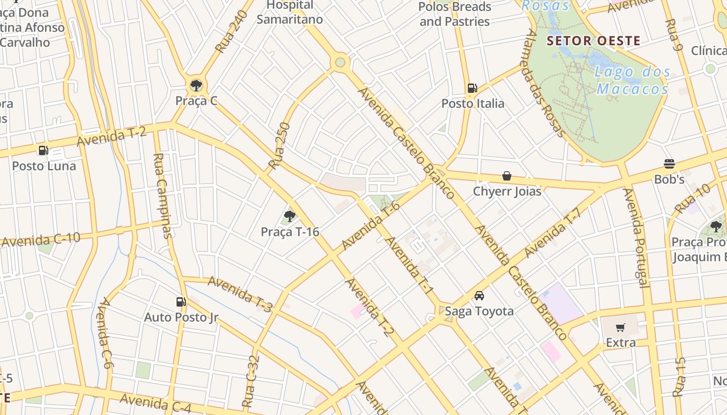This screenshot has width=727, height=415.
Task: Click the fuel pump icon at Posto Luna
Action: pyautogui.click(x=44, y=151)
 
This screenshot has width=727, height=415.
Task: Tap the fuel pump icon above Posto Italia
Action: pyautogui.click(x=472, y=88)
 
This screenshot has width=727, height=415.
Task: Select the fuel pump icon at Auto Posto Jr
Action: pyautogui.click(x=181, y=302)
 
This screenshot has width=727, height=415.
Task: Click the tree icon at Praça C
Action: pyautogui.click(x=196, y=86)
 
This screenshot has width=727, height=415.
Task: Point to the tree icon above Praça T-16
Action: pyautogui.click(x=290, y=216)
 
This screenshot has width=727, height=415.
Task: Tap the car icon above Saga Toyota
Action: pyautogui.click(x=479, y=296)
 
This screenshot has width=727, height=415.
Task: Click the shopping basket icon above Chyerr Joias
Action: pyautogui.click(x=507, y=176)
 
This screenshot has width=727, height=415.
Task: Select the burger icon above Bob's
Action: pyautogui.click(x=669, y=164)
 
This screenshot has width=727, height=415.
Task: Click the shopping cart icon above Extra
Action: pyautogui.click(x=621, y=327)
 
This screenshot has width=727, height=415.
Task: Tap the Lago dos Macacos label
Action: pyautogui.click(x=632, y=80)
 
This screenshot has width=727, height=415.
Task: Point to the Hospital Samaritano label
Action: pyautogui.click(x=290, y=12)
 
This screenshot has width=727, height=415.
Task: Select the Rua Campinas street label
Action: pyautogui.click(x=163, y=195)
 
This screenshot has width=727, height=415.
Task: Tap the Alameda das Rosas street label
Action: pyautogui.click(x=545, y=83)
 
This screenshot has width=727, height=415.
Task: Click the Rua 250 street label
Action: pyautogui.click(x=279, y=146)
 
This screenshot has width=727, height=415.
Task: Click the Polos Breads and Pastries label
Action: pyautogui.click(x=454, y=14)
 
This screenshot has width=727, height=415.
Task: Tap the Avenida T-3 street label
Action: pyautogui.click(x=240, y=294)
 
